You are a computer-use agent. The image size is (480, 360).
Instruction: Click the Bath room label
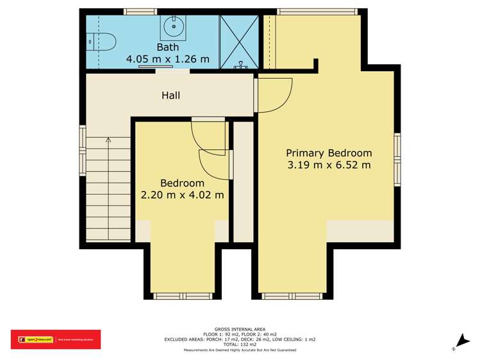169,47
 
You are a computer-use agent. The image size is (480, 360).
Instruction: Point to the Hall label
170,95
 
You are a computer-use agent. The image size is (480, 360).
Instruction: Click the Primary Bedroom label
329,153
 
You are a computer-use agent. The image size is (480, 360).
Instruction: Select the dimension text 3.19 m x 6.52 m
329,165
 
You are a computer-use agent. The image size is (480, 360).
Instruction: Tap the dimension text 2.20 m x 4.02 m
182,195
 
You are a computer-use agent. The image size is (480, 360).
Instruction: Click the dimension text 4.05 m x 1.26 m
168,59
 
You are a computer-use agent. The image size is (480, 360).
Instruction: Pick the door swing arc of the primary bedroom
277,94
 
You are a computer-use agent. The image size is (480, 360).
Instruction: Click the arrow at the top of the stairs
108,139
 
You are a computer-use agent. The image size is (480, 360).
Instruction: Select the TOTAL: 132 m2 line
240,345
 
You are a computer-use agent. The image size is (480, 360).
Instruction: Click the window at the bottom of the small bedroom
174,296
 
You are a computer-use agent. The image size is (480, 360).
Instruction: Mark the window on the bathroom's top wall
140,11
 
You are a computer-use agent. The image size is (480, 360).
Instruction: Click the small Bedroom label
182,183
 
